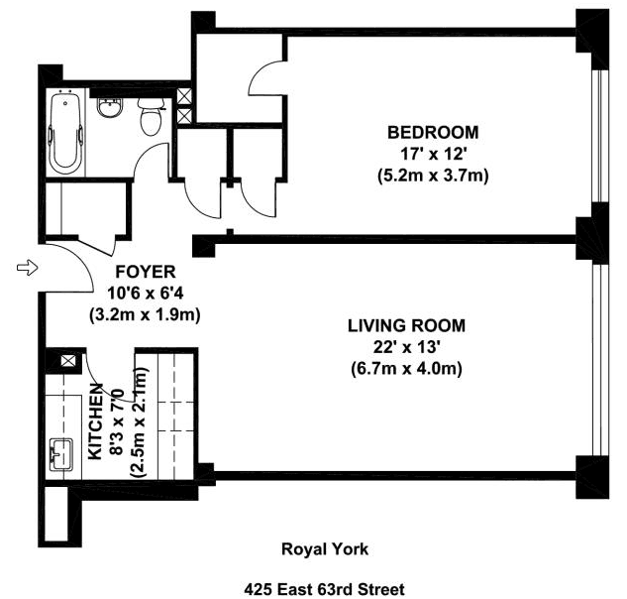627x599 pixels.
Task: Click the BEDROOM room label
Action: click(x=433, y=133)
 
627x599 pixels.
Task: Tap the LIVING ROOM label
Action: click(x=406, y=326)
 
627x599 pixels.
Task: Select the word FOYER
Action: click(x=146, y=272)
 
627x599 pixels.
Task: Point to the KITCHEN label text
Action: click(x=95, y=421)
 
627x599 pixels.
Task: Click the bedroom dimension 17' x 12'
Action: click(x=433, y=154)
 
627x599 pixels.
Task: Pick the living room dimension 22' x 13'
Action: click(x=406, y=347)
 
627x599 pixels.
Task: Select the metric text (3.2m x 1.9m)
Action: click(x=145, y=314)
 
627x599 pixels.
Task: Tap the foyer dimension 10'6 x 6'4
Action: click(x=146, y=294)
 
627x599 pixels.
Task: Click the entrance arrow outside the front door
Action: click(x=27, y=267)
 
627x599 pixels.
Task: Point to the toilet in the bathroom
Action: click(x=151, y=116)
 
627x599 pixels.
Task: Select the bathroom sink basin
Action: click(x=110, y=108)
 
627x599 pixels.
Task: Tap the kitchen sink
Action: click(x=61, y=454)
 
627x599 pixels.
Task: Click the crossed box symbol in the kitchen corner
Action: click(x=67, y=360)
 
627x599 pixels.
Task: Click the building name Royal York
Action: click(x=325, y=549)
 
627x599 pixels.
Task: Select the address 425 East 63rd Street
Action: click(x=324, y=589)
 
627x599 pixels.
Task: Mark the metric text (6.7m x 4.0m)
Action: click(x=406, y=368)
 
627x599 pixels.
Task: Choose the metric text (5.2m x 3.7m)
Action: click(x=433, y=176)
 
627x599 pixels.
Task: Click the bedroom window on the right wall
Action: click(x=600, y=136)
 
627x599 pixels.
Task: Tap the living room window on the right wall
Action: click(x=600, y=360)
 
